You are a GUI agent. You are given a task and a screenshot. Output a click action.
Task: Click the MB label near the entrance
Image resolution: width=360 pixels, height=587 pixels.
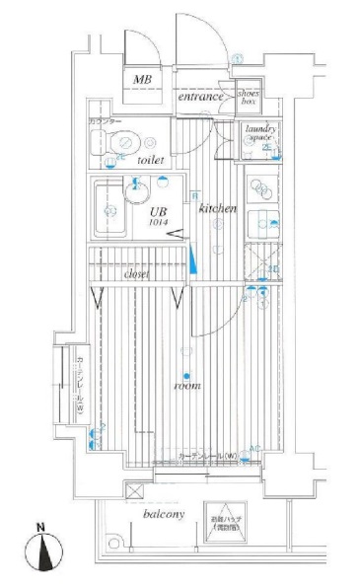[x=142, y=79]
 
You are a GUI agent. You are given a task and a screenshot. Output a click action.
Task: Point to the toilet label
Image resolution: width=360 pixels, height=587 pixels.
[x=151, y=160]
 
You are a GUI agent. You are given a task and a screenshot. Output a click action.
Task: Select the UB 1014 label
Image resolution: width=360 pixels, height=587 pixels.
[x=157, y=216]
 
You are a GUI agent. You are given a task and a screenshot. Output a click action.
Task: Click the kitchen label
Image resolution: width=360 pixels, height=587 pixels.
[x=216, y=210]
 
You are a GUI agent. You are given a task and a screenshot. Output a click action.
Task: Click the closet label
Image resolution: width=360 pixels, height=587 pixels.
[x=136, y=274]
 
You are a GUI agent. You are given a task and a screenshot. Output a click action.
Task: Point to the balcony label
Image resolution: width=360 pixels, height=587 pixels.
[x=159, y=515]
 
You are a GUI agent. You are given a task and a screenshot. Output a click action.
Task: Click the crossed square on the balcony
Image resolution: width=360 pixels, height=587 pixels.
[x=132, y=490]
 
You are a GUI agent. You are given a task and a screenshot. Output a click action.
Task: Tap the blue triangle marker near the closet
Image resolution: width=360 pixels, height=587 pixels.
[x=194, y=261]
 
